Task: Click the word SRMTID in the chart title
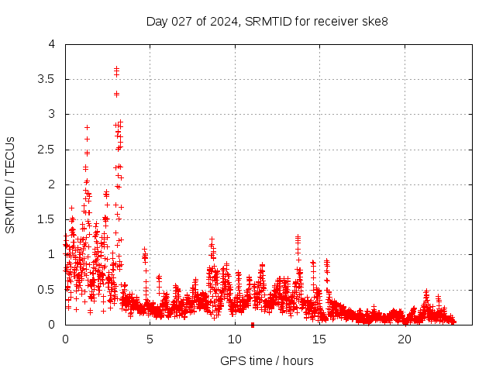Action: [266, 21]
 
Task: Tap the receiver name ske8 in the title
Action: [374, 21]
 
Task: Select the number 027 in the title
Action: [182, 21]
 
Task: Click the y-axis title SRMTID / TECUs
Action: [11, 184]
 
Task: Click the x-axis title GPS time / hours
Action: [267, 360]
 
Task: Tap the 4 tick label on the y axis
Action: [51, 44]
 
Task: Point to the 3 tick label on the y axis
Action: [51, 114]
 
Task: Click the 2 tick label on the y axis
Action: [51, 184]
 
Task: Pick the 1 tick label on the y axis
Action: [51, 254]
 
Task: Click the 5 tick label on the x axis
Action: [150, 339]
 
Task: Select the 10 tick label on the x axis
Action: [235, 339]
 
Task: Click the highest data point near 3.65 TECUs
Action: [116, 68]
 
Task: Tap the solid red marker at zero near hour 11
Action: [253, 325]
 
